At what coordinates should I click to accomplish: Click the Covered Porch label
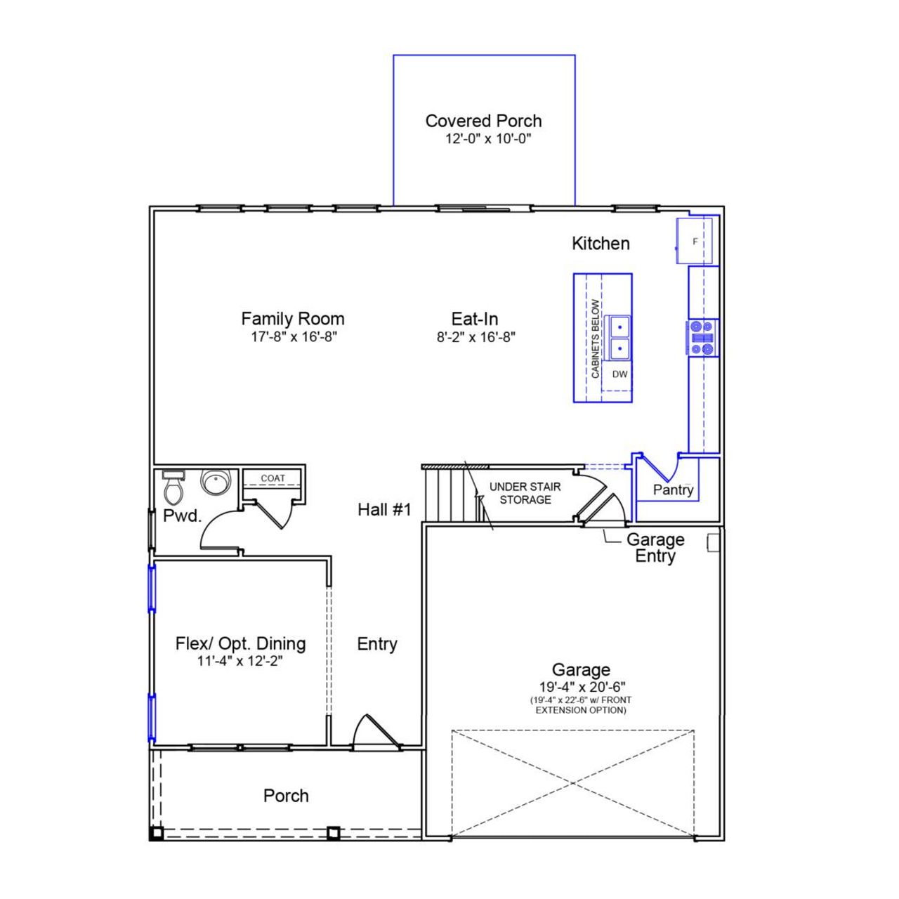[483, 121]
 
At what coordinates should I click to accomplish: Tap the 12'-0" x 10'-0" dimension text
[487, 138]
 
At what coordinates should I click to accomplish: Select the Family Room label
[293, 319]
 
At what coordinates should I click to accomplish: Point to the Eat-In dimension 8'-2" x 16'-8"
[476, 337]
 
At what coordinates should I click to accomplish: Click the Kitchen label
[601, 244]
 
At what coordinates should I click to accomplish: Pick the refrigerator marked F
[695, 242]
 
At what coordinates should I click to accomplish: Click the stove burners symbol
[702, 338]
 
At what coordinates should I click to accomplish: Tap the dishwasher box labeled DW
[619, 374]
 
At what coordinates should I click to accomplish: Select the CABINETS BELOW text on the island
[596, 339]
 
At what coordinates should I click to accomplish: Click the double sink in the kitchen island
[619, 337]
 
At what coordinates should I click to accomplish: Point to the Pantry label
[673, 490]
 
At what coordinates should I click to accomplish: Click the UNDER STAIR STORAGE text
[525, 493]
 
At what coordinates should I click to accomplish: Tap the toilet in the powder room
[173, 485]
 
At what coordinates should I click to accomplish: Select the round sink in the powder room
[216, 482]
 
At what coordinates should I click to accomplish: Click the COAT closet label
[273, 478]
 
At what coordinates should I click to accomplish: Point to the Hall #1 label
[384, 510]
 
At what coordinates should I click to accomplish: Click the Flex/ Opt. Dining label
[240, 643]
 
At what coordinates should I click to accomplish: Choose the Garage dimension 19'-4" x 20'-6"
[581, 687]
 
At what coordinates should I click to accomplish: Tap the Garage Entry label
[655, 548]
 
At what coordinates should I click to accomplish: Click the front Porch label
[286, 796]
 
